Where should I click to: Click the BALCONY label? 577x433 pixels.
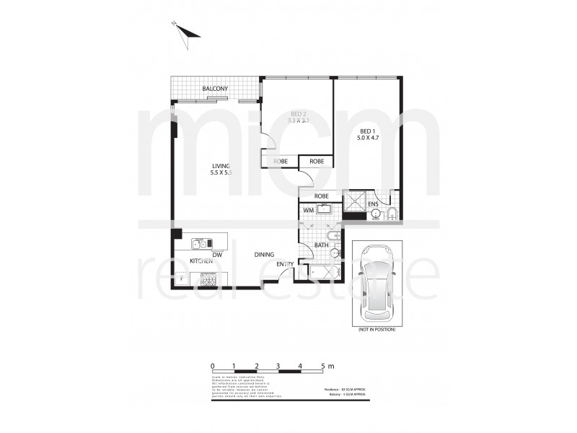[x=216, y=89]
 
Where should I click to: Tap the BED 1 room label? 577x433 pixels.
[x=368, y=130]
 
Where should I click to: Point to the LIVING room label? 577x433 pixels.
[x=215, y=166]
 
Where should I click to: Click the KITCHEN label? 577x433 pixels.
[x=201, y=261]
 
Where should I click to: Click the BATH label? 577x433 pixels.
[x=322, y=246]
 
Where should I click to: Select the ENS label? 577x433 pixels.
[x=374, y=205]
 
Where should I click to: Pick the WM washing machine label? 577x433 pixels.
[x=308, y=210]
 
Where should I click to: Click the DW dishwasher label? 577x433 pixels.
[x=217, y=255]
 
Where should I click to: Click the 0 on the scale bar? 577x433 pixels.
[x=213, y=366]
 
